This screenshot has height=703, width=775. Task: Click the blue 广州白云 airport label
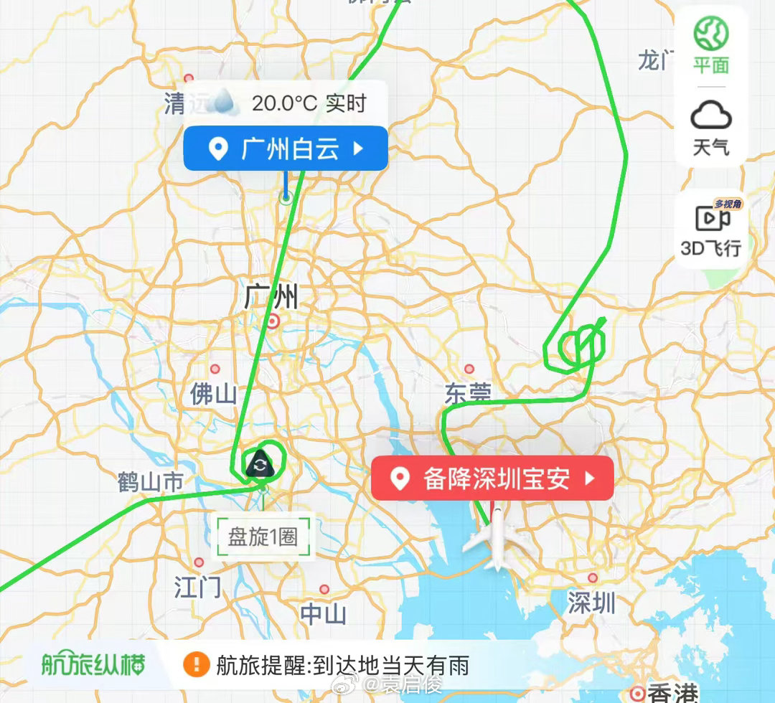(286, 149)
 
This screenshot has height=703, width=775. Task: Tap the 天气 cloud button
(710, 128)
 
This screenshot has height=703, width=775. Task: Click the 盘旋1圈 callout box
(264, 537)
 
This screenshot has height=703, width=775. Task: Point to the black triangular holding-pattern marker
(259, 465)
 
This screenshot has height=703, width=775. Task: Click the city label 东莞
(468, 394)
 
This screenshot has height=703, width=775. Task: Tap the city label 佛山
(213, 394)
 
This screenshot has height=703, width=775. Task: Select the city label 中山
(324, 614)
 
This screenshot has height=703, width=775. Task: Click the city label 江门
(198, 588)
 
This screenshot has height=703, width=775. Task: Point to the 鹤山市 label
(151, 483)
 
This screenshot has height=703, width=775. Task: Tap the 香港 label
(672, 693)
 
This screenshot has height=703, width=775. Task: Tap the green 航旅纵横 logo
(93, 665)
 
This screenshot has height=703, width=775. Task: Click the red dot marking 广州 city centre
(273, 321)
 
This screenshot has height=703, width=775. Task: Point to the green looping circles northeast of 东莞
(578, 347)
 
